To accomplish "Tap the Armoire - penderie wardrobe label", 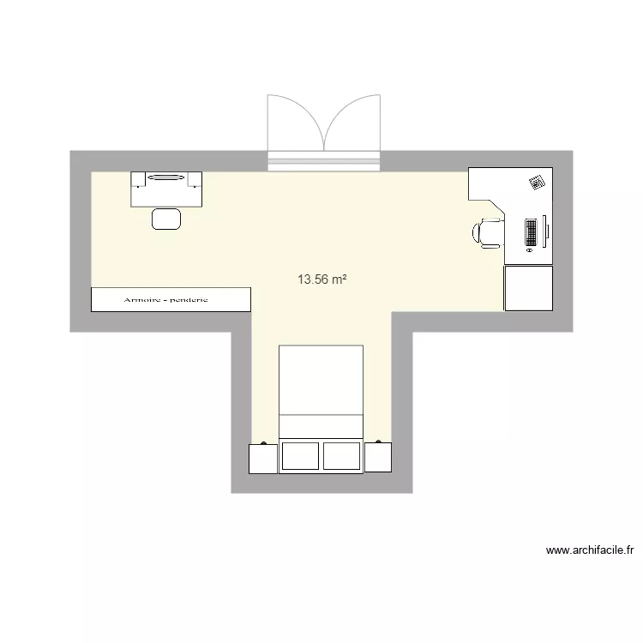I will [x=171, y=300].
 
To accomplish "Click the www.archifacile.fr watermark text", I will [x=589, y=550].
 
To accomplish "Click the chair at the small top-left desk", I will [x=166, y=219].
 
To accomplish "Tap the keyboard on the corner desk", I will [x=532, y=231].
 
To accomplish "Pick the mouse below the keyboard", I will [x=530, y=252].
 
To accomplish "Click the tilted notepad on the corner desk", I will [x=538, y=182].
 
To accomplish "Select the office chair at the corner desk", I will [x=487, y=232].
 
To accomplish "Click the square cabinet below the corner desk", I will [x=528, y=288].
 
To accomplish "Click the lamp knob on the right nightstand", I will [x=378, y=442].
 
